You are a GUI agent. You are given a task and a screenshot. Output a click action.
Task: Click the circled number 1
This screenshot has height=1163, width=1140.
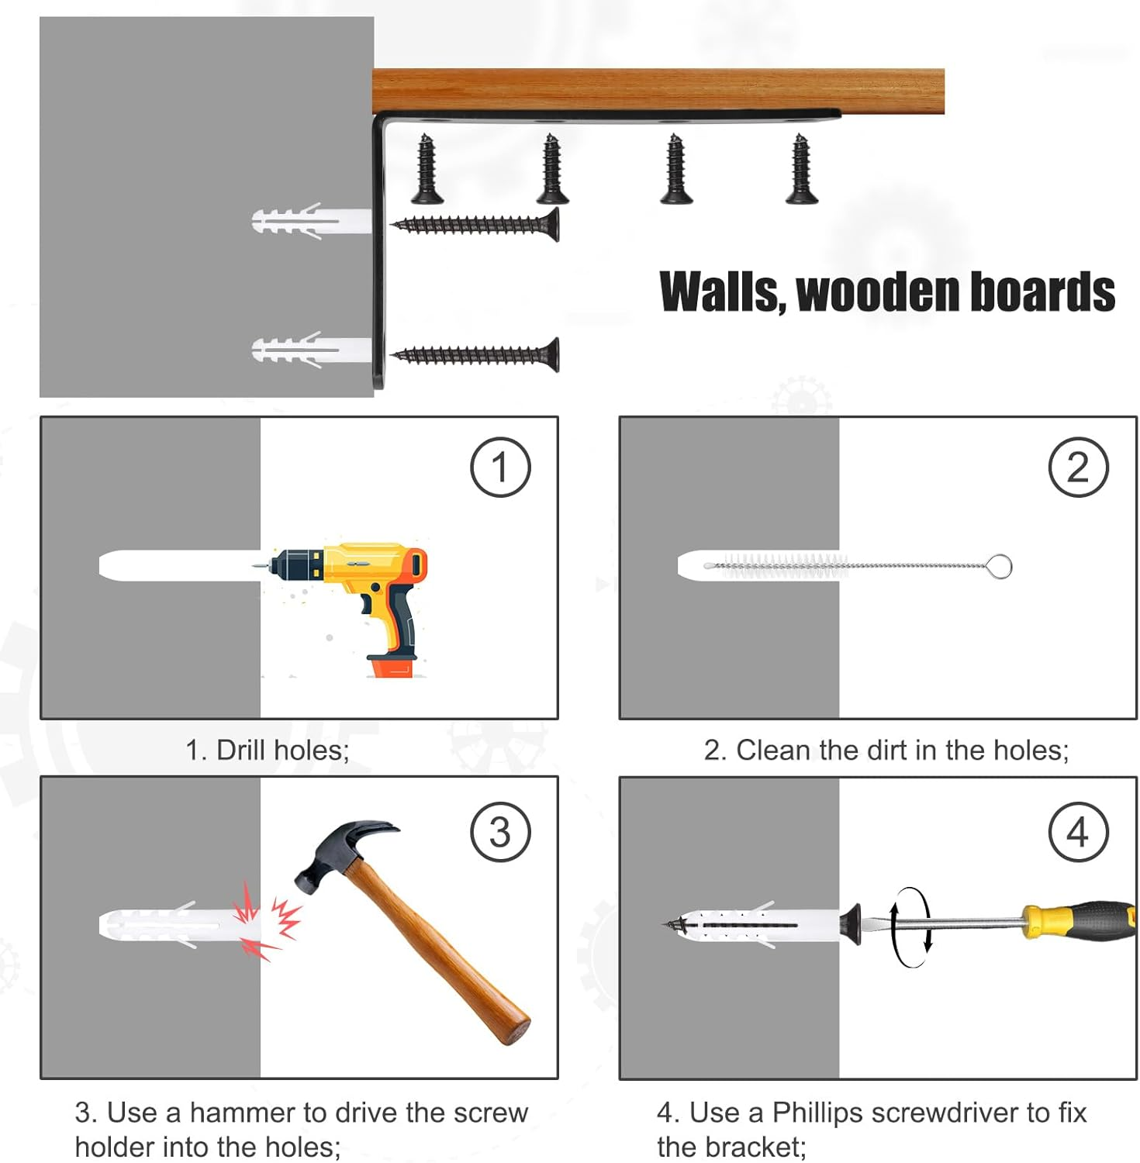coord(500,468)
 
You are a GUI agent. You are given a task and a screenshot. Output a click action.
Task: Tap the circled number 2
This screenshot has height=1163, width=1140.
coord(1079,468)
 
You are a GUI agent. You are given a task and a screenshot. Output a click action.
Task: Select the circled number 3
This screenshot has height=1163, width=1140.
coord(500,832)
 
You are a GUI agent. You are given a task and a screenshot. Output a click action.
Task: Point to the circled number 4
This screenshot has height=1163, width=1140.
coord(1079,832)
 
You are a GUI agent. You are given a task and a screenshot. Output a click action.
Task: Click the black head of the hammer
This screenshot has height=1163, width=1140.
coord(341,853)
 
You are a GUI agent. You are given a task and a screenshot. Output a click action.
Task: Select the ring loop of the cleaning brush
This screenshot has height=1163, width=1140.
coord(1000,566)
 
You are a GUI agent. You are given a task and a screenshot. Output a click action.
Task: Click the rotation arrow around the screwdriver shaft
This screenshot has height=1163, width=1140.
coord(910,927)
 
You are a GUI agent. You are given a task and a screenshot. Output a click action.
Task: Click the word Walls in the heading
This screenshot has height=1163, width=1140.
coord(723,292)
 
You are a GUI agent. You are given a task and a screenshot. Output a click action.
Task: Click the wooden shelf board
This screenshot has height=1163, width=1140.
coord(658,91)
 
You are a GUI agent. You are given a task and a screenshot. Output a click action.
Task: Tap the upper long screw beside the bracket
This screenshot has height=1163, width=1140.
coord(475,225)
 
